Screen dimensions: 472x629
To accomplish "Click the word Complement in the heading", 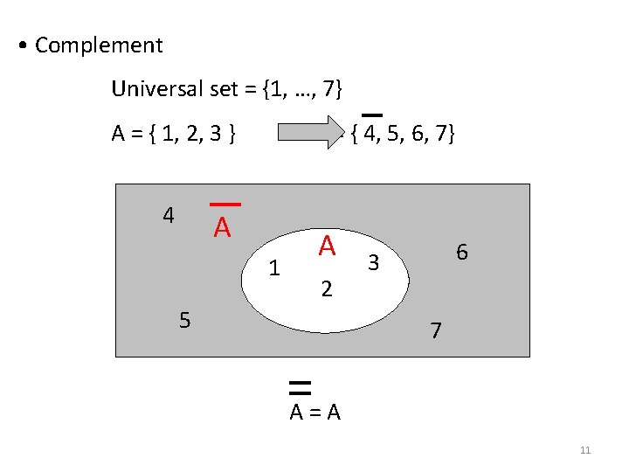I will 99,45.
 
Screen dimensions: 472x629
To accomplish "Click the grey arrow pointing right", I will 311,134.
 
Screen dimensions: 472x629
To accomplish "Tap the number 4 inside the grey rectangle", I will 169,214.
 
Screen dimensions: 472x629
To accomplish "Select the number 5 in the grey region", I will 183,320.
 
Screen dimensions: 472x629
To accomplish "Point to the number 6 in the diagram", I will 462,253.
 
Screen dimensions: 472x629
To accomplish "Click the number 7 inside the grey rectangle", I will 436,331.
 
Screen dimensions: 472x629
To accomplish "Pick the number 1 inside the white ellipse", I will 274,268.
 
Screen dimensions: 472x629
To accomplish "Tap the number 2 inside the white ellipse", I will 326,288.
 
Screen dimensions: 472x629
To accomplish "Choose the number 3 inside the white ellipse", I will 373,260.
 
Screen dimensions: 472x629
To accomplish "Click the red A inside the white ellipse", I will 327,246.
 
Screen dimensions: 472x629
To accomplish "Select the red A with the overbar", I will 223,228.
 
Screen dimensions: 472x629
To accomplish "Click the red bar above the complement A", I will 225,205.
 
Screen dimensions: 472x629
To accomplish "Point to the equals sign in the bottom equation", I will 315,413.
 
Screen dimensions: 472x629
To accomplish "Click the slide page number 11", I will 585,450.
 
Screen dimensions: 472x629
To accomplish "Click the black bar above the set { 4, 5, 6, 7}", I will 372,115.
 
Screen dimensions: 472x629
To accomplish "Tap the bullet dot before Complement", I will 21,45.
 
